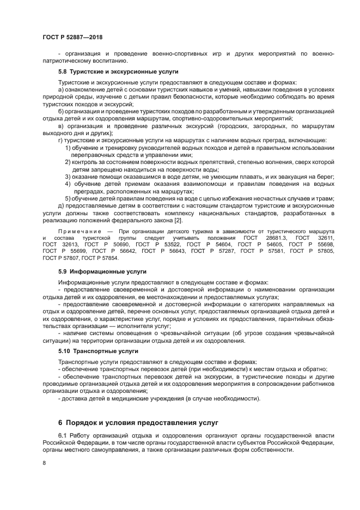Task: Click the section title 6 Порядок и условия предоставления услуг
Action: (x=138, y=423)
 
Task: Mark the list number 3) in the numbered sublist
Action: (x=68, y=177)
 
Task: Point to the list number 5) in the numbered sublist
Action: (x=68, y=198)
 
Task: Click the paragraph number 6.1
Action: (x=63, y=436)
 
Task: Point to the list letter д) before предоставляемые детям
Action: (x=60, y=205)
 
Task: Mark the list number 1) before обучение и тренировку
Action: (x=68, y=148)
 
